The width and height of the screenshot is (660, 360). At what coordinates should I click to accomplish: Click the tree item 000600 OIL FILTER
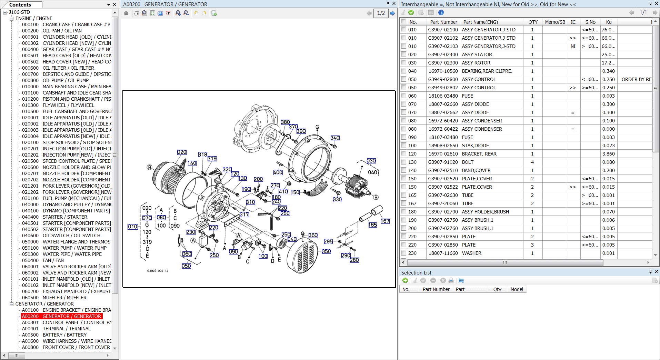pos(68,68)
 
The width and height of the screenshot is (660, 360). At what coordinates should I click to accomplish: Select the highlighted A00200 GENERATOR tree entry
pos(61,316)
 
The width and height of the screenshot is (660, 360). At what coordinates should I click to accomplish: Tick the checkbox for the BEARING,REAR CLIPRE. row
pos(403,71)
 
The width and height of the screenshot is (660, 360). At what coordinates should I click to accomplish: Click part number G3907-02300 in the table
pos(443,63)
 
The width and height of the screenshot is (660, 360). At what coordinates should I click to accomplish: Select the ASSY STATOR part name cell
pos(477,54)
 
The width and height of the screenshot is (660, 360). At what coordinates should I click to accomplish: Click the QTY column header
pos(533,22)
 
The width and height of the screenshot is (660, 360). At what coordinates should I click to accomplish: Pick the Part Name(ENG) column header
pos(480,22)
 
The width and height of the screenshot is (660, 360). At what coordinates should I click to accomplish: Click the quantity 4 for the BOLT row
pos(532,162)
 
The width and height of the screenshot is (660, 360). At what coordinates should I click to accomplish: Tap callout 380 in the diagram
pos(285,122)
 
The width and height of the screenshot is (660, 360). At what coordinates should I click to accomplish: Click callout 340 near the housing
pos(335,138)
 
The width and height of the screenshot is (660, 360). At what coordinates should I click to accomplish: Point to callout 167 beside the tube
pos(385,221)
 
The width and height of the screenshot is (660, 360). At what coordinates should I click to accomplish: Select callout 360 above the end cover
pos(313,235)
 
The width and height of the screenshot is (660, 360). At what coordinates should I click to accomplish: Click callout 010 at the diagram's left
pos(132,227)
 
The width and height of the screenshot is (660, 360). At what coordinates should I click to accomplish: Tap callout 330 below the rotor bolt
pos(337,199)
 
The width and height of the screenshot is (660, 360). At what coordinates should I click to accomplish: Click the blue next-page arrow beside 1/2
pos(392,13)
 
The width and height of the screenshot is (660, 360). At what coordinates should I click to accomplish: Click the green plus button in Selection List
pos(405,280)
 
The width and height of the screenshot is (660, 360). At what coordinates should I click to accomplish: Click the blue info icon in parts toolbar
pos(441,12)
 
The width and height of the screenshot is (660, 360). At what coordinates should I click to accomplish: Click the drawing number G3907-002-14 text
pos(158,271)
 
